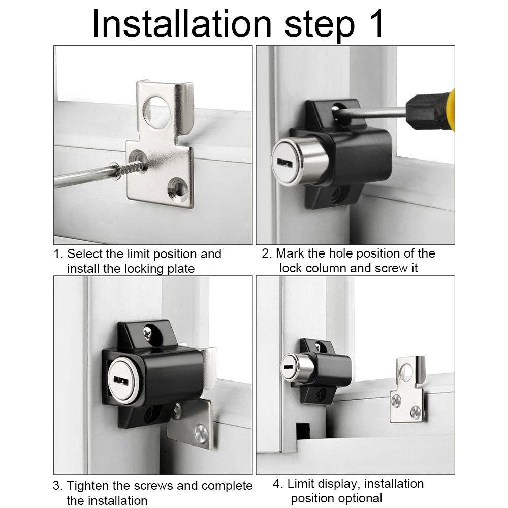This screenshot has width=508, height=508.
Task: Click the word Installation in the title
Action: [x=182, y=24]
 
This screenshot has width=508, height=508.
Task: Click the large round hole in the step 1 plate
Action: [x=157, y=112]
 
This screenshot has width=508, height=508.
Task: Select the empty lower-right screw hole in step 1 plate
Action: [x=178, y=187]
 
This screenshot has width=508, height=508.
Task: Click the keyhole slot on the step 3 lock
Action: [x=121, y=379]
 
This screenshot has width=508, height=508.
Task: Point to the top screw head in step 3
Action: [x=148, y=333]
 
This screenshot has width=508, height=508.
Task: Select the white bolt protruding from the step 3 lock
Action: [x=209, y=367]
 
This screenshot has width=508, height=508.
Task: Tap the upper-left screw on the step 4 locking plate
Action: [x=396, y=400]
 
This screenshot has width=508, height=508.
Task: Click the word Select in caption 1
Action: [x=84, y=253]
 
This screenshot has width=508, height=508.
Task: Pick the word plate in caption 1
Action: [x=181, y=269]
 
